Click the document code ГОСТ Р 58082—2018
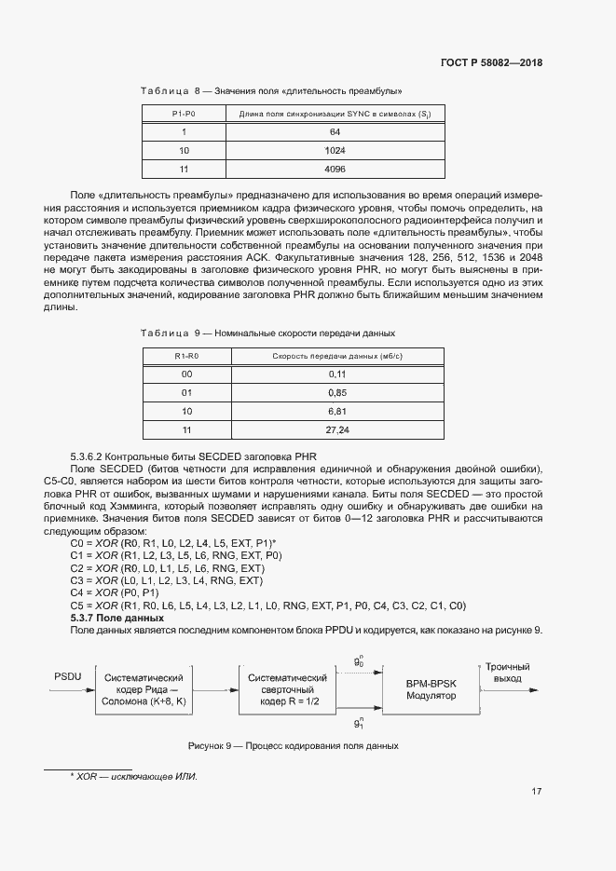491,63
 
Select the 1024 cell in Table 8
335,150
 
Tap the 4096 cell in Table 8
335,169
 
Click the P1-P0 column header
184,114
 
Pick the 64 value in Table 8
335,132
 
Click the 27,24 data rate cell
336,429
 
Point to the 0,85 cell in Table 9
336,392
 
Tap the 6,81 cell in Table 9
336,411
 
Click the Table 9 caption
267,333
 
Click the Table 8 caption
270,90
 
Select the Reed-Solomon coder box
152,688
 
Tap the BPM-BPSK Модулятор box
428,688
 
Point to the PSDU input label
68,675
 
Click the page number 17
537,793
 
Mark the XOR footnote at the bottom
134,777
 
